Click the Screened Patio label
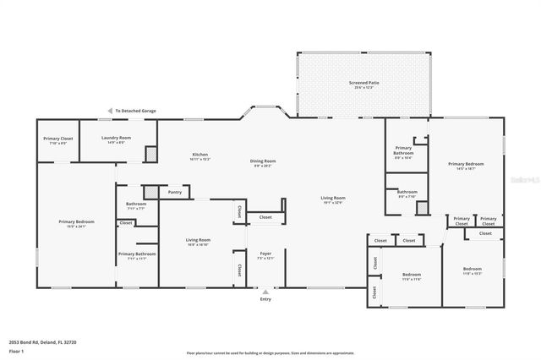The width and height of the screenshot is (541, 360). (x=364, y=83)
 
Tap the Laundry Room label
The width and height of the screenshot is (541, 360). (x=115, y=138)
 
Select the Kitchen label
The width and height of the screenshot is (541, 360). (x=200, y=155)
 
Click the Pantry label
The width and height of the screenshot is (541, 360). (x=175, y=192)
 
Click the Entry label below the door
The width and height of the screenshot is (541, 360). (x=265, y=299)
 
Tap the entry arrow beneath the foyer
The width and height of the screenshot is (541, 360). (x=265, y=292)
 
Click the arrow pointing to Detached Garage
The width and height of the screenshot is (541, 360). (x=109, y=111)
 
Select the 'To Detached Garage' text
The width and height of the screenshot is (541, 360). (x=136, y=111)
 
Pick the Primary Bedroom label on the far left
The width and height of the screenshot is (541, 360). (x=76, y=222)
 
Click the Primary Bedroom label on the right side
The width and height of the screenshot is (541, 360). (x=466, y=164)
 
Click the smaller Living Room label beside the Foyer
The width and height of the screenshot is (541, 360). (x=199, y=240)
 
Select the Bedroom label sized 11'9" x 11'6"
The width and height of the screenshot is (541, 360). (x=412, y=275)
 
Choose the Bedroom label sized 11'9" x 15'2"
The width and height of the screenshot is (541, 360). (x=471, y=270)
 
